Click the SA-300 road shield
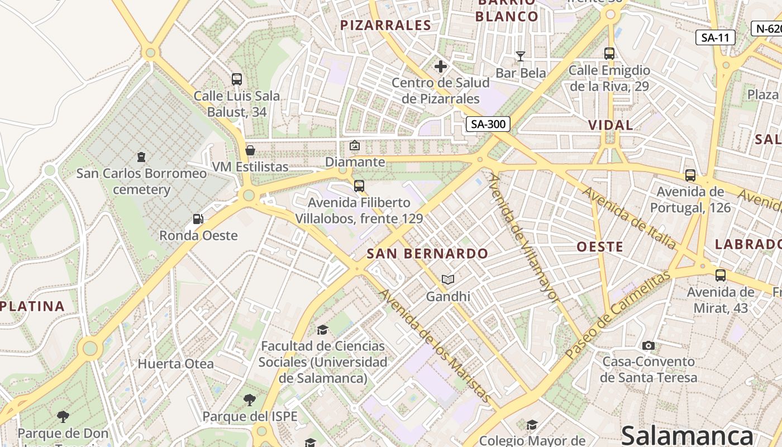click(x=488, y=124)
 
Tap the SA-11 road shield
click(x=716, y=37)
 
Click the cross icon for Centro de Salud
click(x=441, y=66)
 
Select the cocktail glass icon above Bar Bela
click(x=521, y=56)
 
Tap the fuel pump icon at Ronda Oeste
click(x=198, y=219)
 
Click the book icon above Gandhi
click(x=448, y=279)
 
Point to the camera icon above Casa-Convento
click(x=649, y=345)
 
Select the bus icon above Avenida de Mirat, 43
click(x=721, y=275)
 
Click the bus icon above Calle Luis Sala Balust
click(x=237, y=79)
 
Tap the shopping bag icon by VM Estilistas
click(x=250, y=150)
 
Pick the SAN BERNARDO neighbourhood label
click(x=427, y=254)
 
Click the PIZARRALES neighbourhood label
click(x=386, y=25)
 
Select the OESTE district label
click(x=600, y=247)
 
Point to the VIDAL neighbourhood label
click(x=611, y=125)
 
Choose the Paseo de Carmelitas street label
click(x=617, y=316)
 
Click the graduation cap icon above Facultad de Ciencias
click(x=322, y=330)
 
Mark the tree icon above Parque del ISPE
click(x=250, y=400)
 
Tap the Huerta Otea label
click(x=176, y=364)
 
